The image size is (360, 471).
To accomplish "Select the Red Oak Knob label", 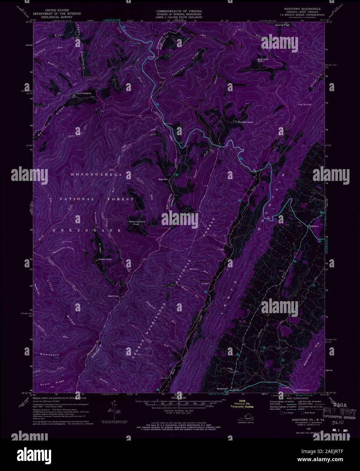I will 246,122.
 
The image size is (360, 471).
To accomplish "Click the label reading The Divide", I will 304,105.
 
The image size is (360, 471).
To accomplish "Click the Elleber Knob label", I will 105,260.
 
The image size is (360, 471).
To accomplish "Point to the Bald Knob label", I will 114,296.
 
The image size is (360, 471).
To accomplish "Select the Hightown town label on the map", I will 314,226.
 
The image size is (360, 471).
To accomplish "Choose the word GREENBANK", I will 87,230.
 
